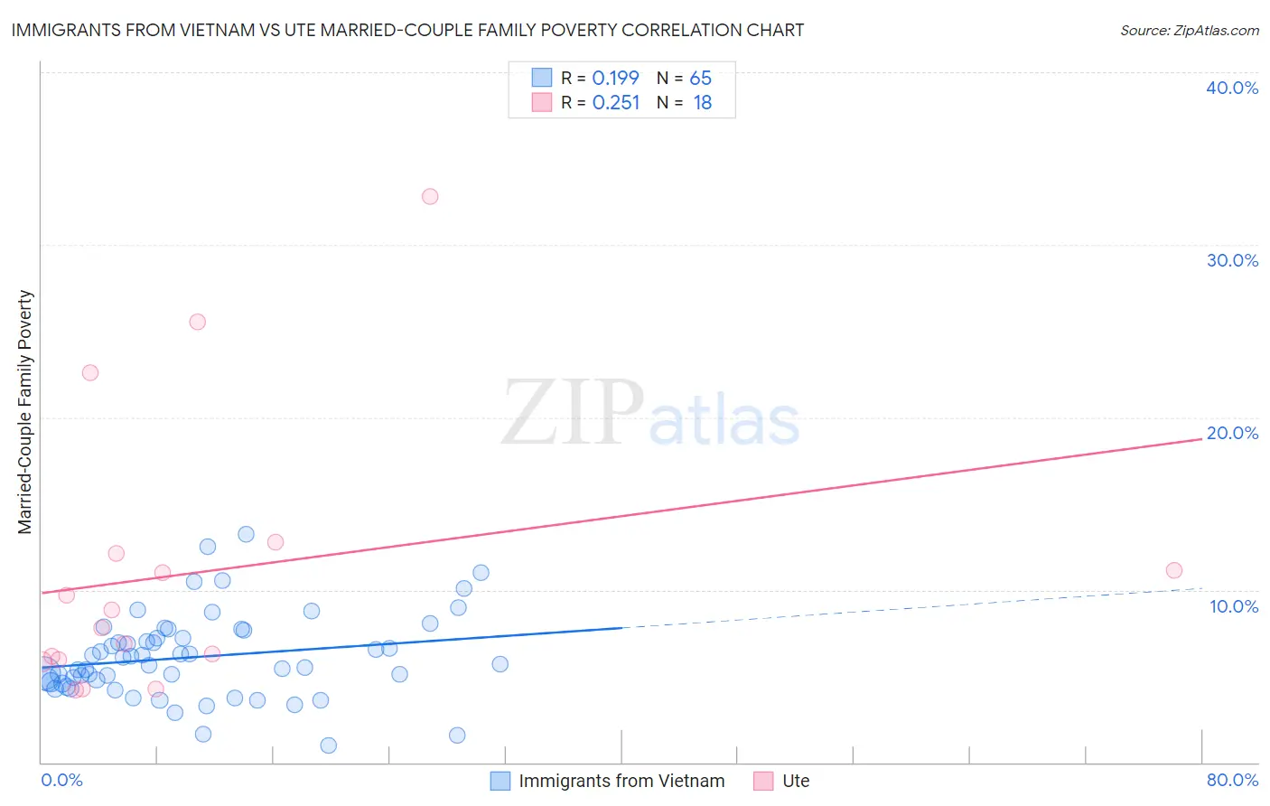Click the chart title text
click(407, 31)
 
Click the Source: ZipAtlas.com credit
click(1189, 31)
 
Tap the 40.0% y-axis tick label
click(1232, 88)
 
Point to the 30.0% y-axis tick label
click(1232, 260)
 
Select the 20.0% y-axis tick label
click(1232, 433)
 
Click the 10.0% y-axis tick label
click(1234, 606)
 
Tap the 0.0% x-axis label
click(61, 780)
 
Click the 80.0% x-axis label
click(1232, 780)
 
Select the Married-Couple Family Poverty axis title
click(25, 411)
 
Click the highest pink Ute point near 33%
click(430, 197)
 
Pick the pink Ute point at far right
click(1174, 570)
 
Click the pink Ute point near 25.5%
click(198, 322)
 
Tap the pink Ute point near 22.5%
click(90, 372)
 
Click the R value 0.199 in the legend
click(615, 79)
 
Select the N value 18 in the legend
click(703, 103)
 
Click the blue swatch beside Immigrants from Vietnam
click(500, 781)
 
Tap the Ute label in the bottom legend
click(796, 781)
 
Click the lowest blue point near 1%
click(329, 745)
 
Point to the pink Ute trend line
click(632, 515)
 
